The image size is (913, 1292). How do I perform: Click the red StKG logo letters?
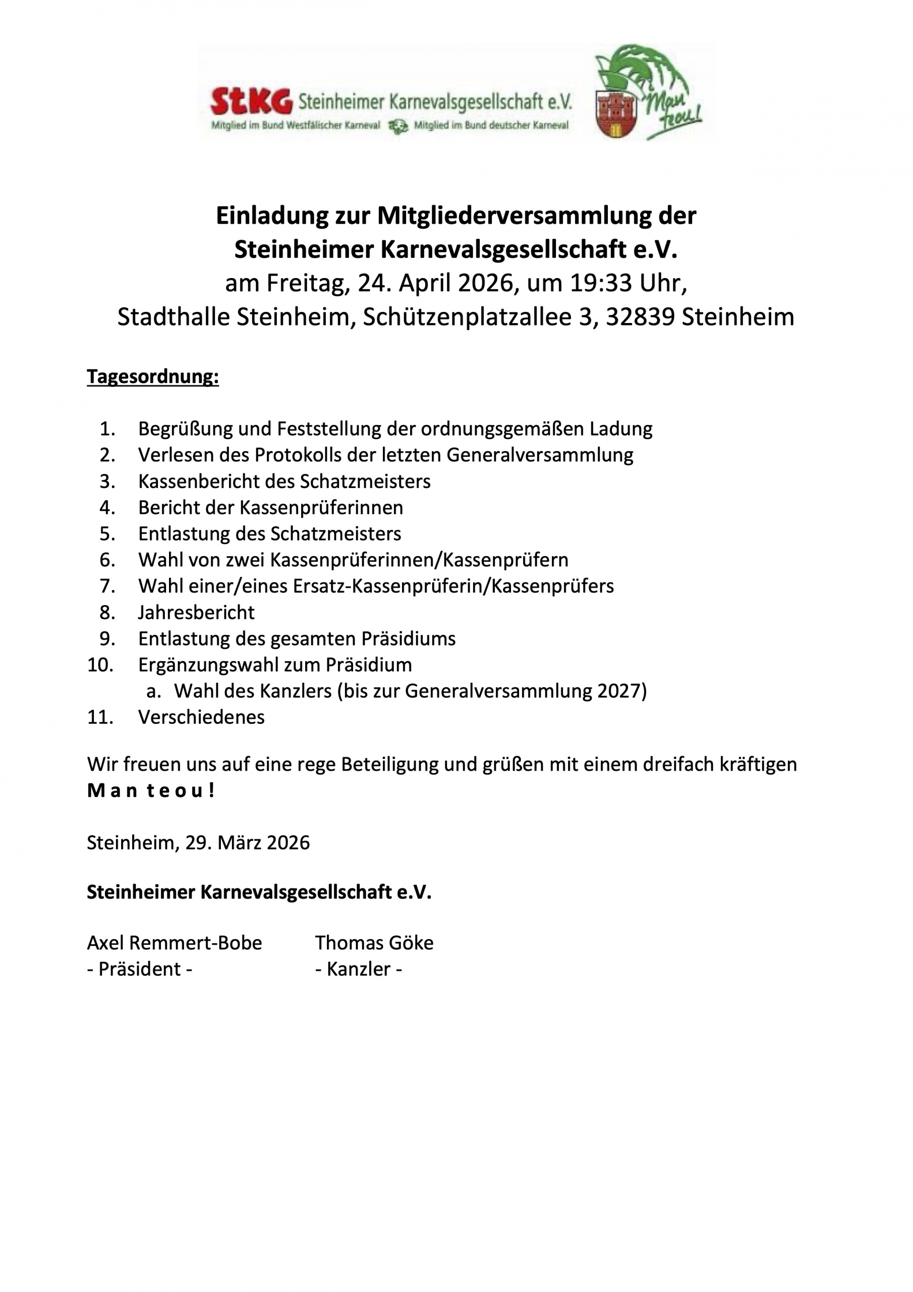(x=252, y=101)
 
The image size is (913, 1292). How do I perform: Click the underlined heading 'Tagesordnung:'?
(x=152, y=376)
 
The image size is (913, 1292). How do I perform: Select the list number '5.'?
(x=107, y=533)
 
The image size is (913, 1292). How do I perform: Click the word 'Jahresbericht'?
(x=196, y=612)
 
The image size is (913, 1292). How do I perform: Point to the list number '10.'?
(x=101, y=665)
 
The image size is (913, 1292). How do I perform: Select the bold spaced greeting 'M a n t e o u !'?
(x=151, y=791)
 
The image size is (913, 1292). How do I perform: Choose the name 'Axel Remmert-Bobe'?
(x=175, y=943)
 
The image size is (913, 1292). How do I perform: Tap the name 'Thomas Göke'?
(x=374, y=943)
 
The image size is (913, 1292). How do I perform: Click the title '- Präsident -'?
(x=140, y=969)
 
